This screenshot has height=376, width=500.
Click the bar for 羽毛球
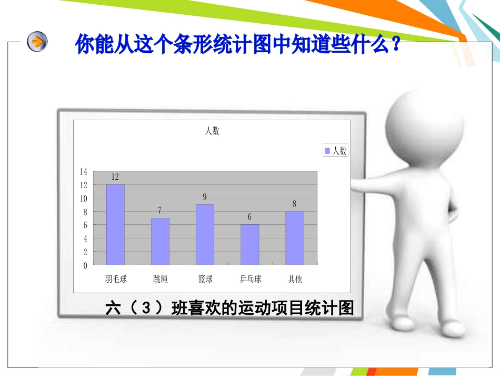point(115,224)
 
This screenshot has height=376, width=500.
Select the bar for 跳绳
point(160,241)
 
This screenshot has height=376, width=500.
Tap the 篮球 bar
point(205,234)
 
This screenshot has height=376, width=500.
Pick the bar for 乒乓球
point(250,244)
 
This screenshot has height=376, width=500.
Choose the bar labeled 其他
point(295,238)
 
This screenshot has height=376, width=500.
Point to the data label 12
point(115,177)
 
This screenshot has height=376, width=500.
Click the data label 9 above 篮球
point(205,197)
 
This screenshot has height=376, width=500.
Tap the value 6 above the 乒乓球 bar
point(249,217)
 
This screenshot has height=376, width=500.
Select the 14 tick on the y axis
point(83,171)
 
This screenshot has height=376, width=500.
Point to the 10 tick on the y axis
point(83,198)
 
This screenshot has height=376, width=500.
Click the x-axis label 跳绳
point(161,279)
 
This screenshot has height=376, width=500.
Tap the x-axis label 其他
point(295,279)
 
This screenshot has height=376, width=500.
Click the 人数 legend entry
point(335,151)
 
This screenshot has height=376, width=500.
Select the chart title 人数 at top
point(212,131)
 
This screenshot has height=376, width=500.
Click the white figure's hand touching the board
point(358,182)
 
